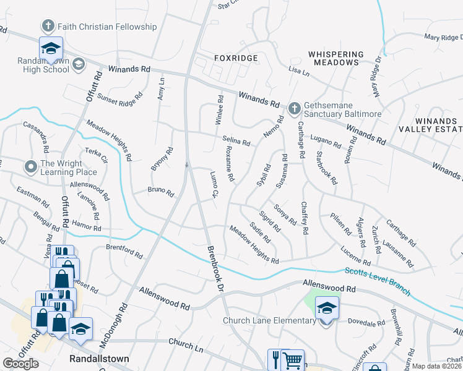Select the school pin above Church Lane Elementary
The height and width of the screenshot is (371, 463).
pyautogui.click(x=326, y=307)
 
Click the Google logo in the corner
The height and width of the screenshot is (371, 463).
pyautogui.click(x=20, y=364)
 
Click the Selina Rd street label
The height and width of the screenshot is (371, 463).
pyautogui.click(x=236, y=142)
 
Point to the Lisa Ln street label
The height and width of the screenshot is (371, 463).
pyautogui.click(x=299, y=72)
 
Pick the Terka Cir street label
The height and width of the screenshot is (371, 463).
pyautogui.click(x=96, y=154)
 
